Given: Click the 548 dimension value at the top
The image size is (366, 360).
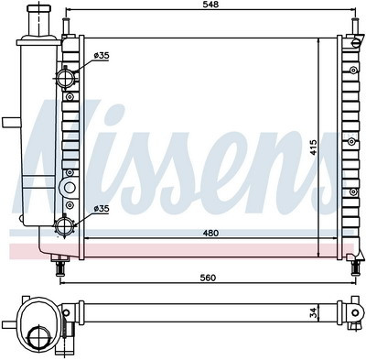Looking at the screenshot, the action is [210, 5].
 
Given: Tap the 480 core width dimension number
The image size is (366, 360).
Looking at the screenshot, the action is [210, 233].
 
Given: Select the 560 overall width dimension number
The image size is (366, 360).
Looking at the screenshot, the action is [208, 278].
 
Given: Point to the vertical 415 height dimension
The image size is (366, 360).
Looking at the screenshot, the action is [314, 147].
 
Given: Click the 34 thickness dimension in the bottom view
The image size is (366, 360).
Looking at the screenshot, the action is [314, 312].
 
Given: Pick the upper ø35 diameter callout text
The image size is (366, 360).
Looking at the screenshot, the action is [102, 56].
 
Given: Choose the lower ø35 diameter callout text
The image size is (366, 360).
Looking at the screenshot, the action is [102, 209].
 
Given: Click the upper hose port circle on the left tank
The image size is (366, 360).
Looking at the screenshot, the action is [65, 78].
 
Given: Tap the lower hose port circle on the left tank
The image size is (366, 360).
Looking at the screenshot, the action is [64, 226].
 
